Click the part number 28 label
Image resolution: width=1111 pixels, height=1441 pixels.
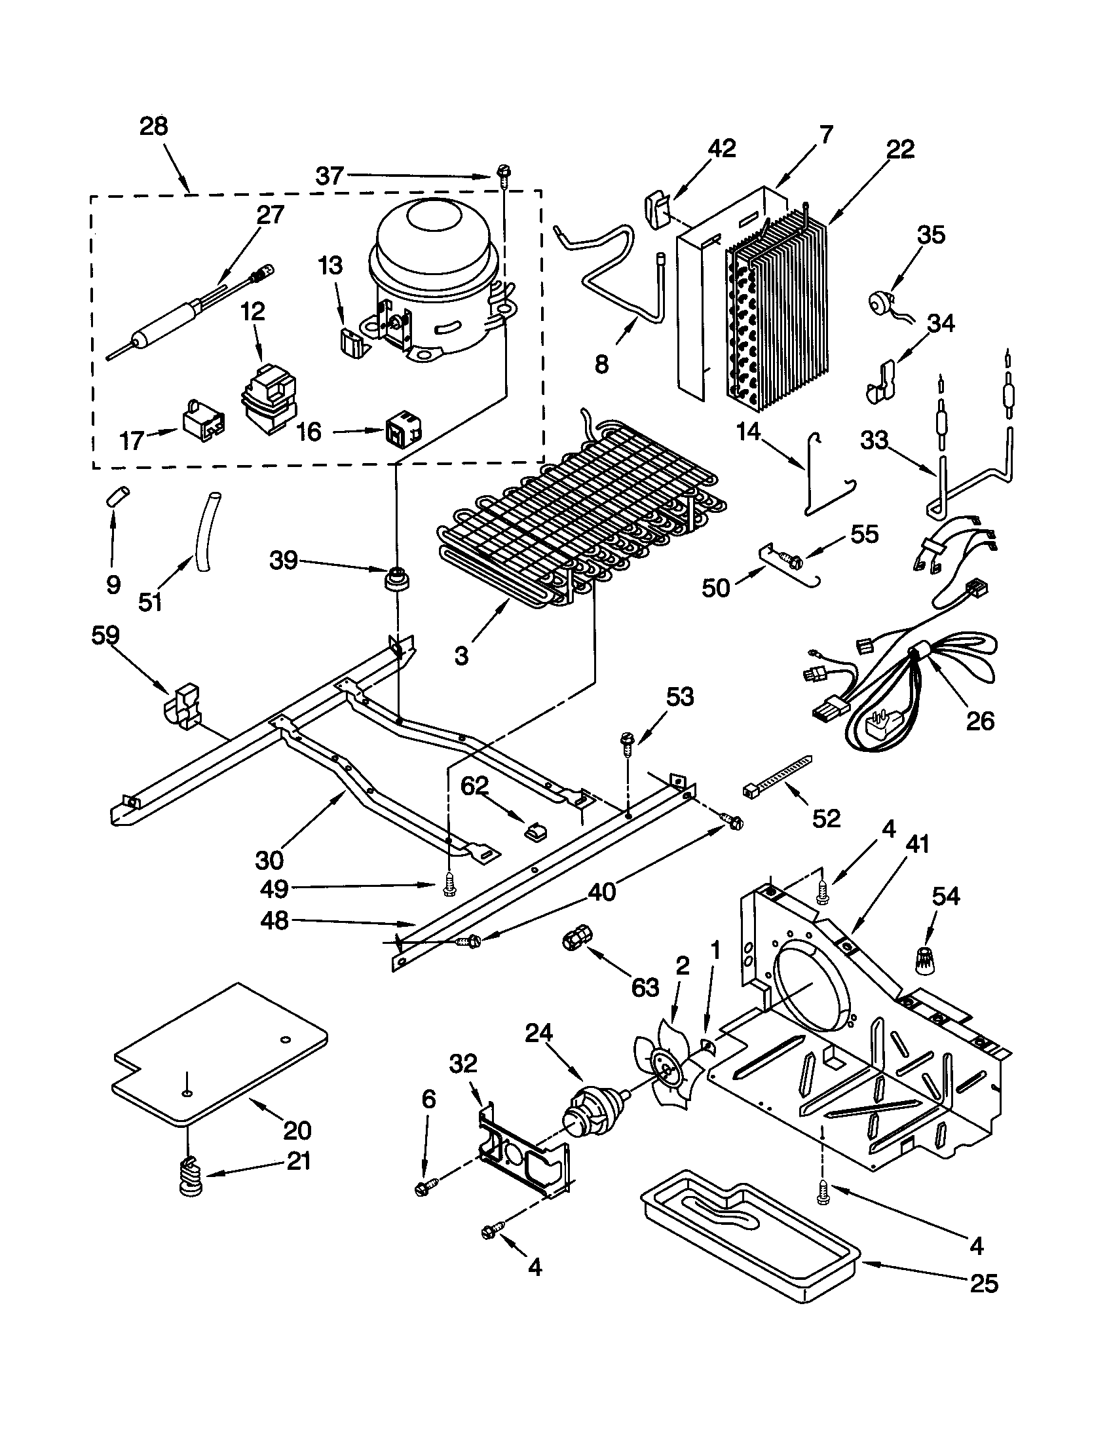tap(154, 126)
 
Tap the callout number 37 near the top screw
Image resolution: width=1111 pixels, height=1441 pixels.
tap(330, 176)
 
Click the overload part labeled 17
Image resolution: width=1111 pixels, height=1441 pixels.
tap(202, 420)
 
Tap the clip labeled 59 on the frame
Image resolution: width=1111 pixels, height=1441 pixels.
tap(183, 708)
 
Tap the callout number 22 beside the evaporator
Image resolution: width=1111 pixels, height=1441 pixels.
tap(900, 149)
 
